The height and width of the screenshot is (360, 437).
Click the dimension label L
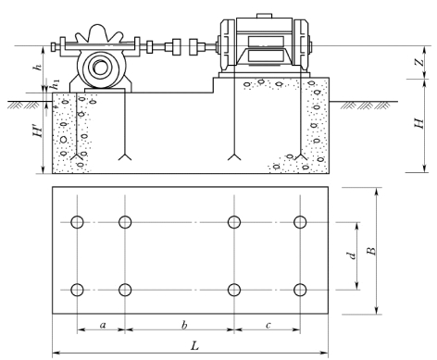pyautogui.click(x=194, y=345)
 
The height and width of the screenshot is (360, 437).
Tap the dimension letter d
pyautogui.click(x=351, y=255)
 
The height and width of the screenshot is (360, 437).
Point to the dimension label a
pyautogui.click(x=103, y=325)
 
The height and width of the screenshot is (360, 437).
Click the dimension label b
pyautogui.click(x=184, y=325)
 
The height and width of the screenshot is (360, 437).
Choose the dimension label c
pyautogui.click(x=268, y=325)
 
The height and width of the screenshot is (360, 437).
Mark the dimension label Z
pyautogui.click(x=419, y=62)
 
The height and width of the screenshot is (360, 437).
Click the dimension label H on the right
pyautogui.click(x=418, y=124)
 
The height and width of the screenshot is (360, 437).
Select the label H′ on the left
pyautogui.click(x=38, y=131)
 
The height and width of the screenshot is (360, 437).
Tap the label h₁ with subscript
pyautogui.click(x=56, y=84)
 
